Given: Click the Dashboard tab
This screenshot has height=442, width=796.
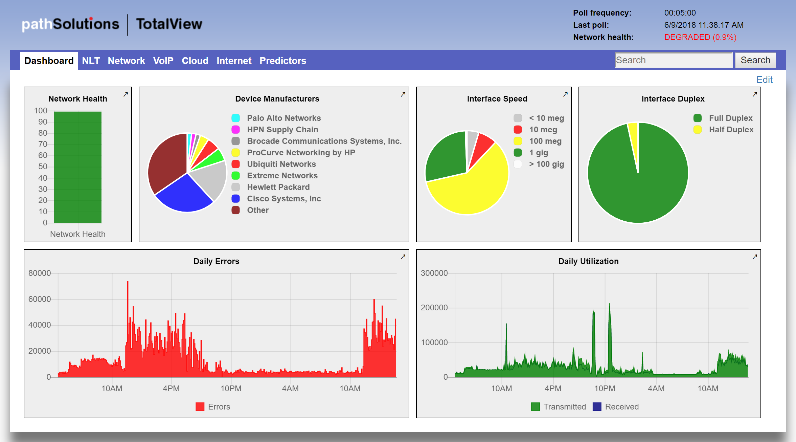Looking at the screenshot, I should [x=49, y=61].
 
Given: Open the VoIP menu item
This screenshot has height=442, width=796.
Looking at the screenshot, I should [x=163, y=61].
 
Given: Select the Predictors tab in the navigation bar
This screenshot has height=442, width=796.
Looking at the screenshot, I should [x=282, y=61].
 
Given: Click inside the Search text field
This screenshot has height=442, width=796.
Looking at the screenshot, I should [x=673, y=60].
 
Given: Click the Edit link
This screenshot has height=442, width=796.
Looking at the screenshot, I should [x=764, y=80].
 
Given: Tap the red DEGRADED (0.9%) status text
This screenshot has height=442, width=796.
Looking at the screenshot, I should [x=700, y=37].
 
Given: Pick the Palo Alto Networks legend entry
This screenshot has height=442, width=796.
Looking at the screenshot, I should [x=283, y=118].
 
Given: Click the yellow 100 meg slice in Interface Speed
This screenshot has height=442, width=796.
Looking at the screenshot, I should [x=474, y=190].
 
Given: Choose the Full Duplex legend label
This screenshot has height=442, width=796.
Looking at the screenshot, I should [x=730, y=118].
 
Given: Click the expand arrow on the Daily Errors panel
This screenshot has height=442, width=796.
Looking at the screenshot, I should [x=403, y=257].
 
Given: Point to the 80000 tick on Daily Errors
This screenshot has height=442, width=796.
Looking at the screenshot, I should [x=40, y=273].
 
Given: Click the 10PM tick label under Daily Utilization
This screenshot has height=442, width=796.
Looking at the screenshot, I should [x=605, y=389].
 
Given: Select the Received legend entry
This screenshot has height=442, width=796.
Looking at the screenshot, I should [x=621, y=407].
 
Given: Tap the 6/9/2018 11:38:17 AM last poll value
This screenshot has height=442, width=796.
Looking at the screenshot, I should [x=704, y=25].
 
